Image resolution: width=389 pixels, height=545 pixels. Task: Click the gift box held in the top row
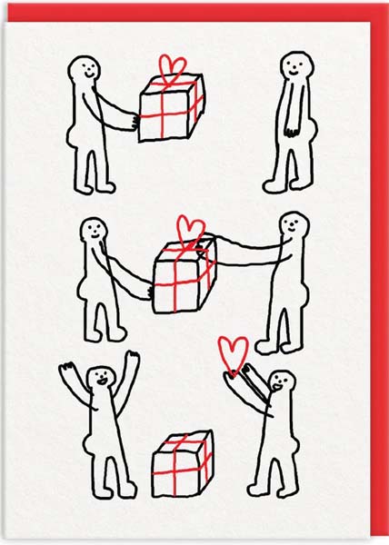[171, 107]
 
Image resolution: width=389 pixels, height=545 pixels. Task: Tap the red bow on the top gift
[172, 67]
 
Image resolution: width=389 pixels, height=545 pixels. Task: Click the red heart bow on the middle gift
[190, 227]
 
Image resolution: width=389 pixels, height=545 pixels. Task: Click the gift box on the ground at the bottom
[181, 464]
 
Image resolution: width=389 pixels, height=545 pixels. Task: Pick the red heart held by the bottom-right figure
[234, 350]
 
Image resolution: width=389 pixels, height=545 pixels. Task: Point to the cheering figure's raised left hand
[65, 368]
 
